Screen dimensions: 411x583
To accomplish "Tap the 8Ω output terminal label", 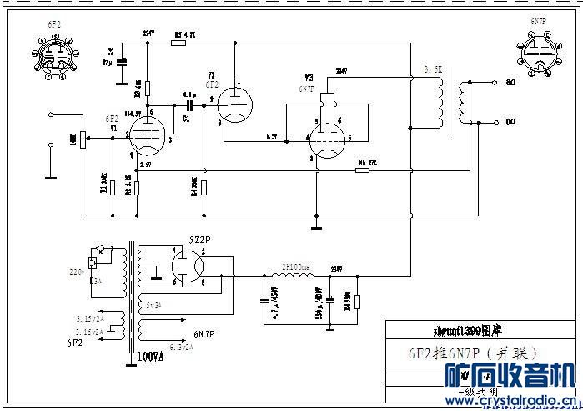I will click(x=510, y=83).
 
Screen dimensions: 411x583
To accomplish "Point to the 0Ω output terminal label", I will click(x=510, y=122).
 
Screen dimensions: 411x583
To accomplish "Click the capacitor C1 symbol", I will click(x=191, y=107).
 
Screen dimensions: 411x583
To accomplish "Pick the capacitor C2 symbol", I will click(x=123, y=60).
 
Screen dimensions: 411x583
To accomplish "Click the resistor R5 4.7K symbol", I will click(x=178, y=40).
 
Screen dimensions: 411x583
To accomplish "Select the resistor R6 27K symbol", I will click(x=362, y=170).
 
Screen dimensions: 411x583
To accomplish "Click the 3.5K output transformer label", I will click(x=434, y=69).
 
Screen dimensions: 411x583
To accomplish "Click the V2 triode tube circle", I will click(x=236, y=104).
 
